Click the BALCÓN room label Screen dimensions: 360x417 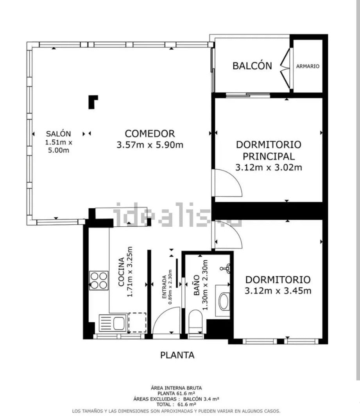click(x=252, y=65)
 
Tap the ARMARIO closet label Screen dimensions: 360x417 click(x=308, y=66)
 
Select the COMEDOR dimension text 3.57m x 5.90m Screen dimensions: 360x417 click(x=150, y=145)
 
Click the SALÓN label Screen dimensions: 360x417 click(x=58, y=134)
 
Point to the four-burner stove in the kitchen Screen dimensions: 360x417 click(x=99, y=281)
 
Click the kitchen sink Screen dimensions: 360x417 click(x=113, y=323)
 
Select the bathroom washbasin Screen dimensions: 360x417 click(x=224, y=301)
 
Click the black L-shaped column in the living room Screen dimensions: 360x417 click(x=93, y=102)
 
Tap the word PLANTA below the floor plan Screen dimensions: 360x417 click(x=177, y=355)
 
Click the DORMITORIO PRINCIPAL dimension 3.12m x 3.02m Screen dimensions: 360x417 click(x=269, y=167)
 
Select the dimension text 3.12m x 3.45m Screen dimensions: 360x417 click(x=278, y=291)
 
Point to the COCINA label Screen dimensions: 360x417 click(x=121, y=272)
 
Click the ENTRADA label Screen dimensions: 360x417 click(x=165, y=287)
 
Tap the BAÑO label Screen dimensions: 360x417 click(x=197, y=285)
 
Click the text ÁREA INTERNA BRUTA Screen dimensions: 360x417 click(x=176, y=388)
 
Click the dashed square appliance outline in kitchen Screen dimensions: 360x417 click(x=137, y=322)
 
